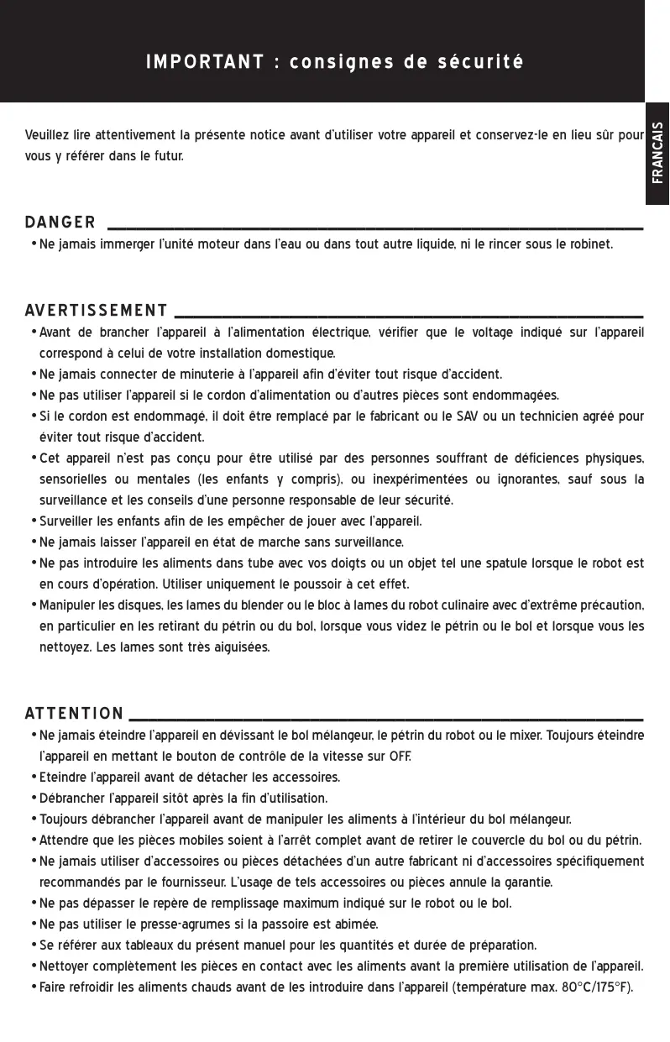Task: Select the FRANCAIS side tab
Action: [657, 153]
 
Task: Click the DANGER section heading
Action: [60, 223]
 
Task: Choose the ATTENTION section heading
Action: [74, 715]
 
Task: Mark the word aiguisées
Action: [238, 647]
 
